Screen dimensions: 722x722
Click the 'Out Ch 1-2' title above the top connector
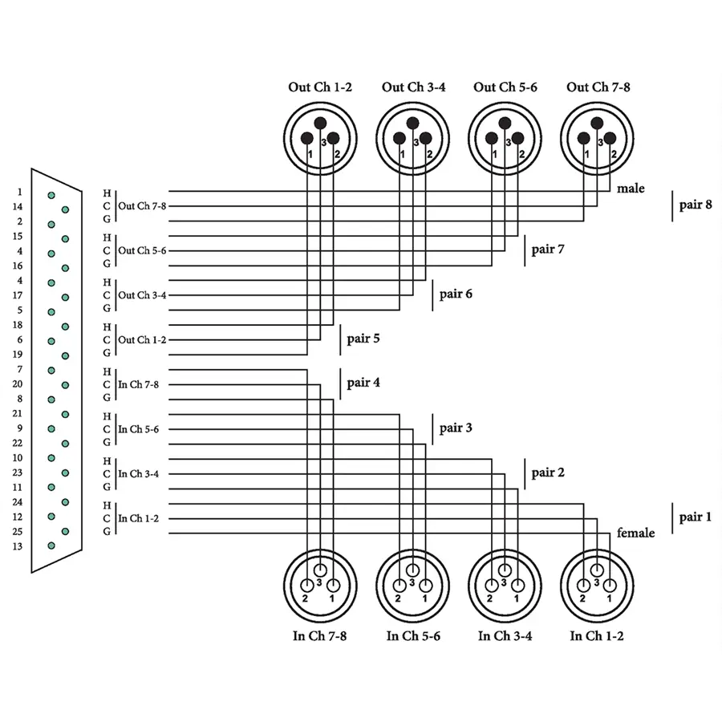pyautogui.click(x=320, y=87)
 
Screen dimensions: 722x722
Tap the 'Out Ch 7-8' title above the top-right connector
pyautogui.click(x=598, y=87)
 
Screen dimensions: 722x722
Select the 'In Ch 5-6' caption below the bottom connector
pyautogui.click(x=413, y=636)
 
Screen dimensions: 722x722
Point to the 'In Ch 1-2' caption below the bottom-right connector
pyautogui.click(x=597, y=636)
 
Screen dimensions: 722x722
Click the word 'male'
pyautogui.click(x=631, y=189)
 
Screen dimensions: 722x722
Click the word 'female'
pyautogui.click(x=635, y=533)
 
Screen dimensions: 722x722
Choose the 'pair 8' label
pyautogui.click(x=696, y=205)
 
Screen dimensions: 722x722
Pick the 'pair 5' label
pyautogui.click(x=363, y=339)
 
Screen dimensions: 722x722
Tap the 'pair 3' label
pyautogui.click(x=456, y=428)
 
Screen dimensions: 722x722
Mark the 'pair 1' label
pyautogui.click(x=696, y=517)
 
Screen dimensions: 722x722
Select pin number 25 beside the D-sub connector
pyautogui.click(x=18, y=532)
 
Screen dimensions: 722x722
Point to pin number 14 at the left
pyautogui.click(x=18, y=207)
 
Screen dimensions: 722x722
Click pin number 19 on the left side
pyautogui.click(x=18, y=354)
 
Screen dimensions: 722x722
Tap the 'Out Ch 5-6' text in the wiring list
pyautogui.click(x=142, y=250)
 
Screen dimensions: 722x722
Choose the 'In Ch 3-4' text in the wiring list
pyautogui.click(x=138, y=473)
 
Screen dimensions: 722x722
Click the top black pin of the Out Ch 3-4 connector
pyautogui.click(x=412, y=123)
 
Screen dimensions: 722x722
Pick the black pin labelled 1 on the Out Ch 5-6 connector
pyautogui.click(x=491, y=138)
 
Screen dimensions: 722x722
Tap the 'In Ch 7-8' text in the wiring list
pyautogui.click(x=138, y=384)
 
